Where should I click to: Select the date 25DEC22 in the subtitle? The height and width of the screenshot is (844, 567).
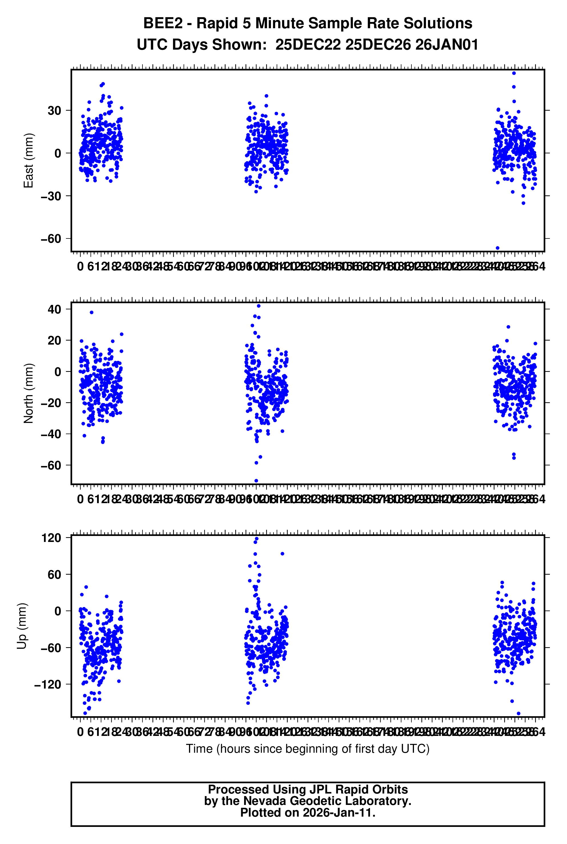pyautogui.click(x=308, y=45)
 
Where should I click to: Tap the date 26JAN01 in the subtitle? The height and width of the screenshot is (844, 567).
pyautogui.click(x=447, y=45)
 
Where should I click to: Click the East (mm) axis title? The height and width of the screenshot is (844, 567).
pyautogui.click(x=28, y=161)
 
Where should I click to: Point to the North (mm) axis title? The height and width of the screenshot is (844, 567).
pyautogui.click(x=28, y=393)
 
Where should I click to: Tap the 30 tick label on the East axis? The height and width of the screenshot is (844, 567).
pyautogui.click(x=54, y=111)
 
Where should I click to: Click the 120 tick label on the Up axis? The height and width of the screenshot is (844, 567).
pyautogui.click(x=51, y=538)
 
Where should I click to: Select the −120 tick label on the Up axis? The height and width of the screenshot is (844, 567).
pyautogui.click(x=48, y=684)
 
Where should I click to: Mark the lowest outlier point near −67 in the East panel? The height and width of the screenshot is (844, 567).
pyautogui.click(x=498, y=248)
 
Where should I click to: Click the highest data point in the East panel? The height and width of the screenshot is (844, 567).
pyautogui.click(x=514, y=73)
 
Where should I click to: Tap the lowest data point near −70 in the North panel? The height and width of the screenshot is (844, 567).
pyautogui.click(x=256, y=481)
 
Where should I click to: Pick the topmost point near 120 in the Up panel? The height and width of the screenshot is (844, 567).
pyautogui.click(x=257, y=539)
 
